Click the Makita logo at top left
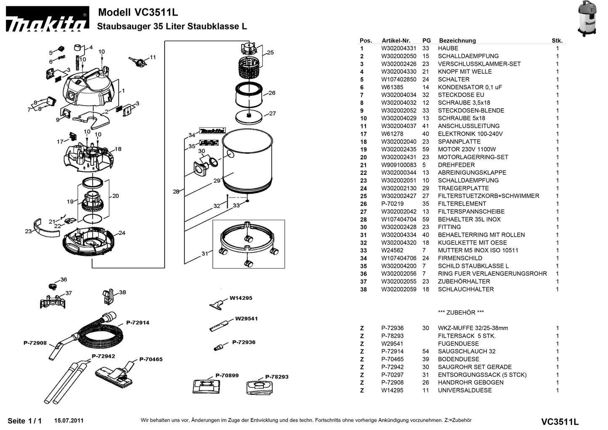[47, 19]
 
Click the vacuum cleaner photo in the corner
[587, 19]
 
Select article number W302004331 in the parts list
[398, 48]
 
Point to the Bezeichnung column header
[457, 41]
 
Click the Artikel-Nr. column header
[396, 41]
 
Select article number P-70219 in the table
[392, 204]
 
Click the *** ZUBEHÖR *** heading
[461, 312]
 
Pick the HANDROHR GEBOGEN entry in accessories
[470, 383]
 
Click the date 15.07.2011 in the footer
[69, 421]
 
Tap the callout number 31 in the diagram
[204, 254]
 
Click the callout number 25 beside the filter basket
[270, 53]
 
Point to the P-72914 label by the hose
[138, 323]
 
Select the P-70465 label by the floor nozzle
[151, 359]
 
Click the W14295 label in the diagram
[241, 298]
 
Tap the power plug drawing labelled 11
[137, 62]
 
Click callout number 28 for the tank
[176, 192]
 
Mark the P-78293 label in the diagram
[276, 377]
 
